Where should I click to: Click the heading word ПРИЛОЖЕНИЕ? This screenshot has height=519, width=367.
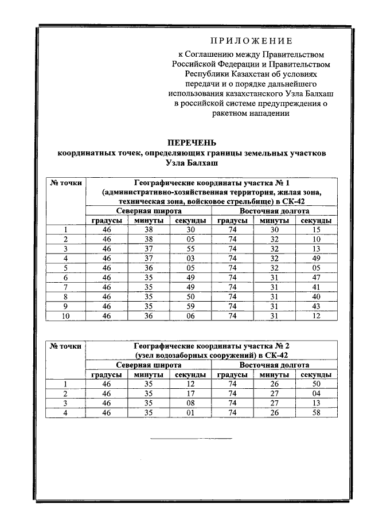coord(251,41)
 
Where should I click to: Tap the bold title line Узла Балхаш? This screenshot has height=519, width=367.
coord(192,163)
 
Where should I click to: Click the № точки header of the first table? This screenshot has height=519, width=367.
coord(66,183)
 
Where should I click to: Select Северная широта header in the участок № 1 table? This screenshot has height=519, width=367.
coord(149,211)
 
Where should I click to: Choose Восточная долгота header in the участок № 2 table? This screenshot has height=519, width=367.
coord(274,365)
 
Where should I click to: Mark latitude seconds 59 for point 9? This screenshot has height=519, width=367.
coord(190,305)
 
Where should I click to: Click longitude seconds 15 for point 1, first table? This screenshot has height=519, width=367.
coord(315,230)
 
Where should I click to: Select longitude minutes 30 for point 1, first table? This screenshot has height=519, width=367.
coord(274,230)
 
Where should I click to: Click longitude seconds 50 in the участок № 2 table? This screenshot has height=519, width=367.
coord(315,384)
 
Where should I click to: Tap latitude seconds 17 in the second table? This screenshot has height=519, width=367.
coord(190,393)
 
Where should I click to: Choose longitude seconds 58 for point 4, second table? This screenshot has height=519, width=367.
coord(315,412)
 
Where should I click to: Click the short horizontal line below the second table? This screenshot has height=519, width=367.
coord(192,439)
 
